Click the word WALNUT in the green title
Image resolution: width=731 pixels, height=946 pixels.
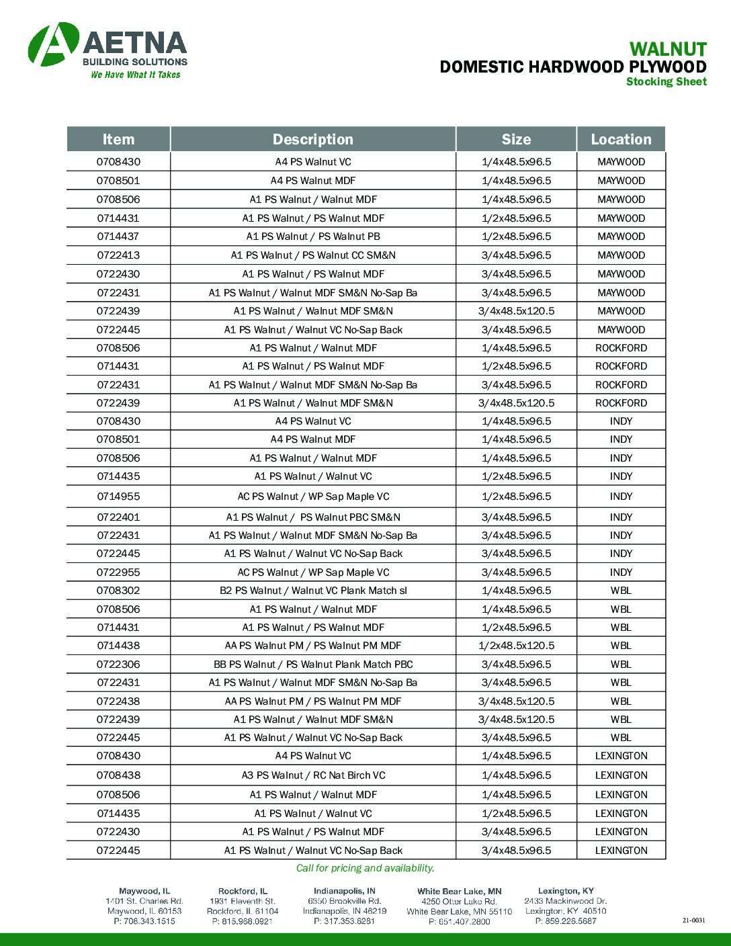click(667, 49)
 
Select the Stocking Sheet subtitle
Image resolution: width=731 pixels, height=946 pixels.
click(666, 82)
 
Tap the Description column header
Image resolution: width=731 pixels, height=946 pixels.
click(312, 139)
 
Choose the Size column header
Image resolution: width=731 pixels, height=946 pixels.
click(516, 139)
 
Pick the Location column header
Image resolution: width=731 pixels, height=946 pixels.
click(621, 139)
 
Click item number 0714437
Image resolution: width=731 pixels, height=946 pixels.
click(118, 236)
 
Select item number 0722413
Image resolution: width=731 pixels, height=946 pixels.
click(118, 255)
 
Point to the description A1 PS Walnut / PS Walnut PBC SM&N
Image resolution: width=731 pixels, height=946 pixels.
click(313, 517)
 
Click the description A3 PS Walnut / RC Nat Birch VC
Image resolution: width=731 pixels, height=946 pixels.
click(313, 775)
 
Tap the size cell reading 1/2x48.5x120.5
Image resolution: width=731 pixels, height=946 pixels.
click(516, 646)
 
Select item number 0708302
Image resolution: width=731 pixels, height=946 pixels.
click(118, 591)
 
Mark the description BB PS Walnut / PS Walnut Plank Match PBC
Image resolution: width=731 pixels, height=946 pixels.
click(313, 664)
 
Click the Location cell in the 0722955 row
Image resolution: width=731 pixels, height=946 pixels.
click(621, 572)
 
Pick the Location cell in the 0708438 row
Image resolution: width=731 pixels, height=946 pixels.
click(621, 775)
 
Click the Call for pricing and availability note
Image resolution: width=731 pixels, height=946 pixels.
click(365, 868)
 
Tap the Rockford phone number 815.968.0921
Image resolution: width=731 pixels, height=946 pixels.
click(243, 921)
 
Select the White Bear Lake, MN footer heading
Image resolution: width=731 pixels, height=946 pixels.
click(459, 892)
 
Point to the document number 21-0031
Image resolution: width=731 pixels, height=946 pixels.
click(693, 921)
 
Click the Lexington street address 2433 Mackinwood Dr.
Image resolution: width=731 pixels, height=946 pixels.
click(565, 901)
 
